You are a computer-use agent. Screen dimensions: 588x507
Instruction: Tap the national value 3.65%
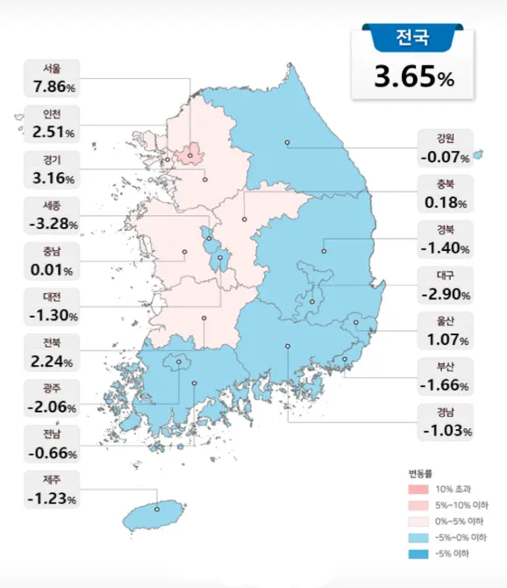[413, 77]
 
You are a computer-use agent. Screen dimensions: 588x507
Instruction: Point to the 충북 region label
[446, 184]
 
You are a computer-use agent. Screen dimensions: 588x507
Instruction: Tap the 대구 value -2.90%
[446, 294]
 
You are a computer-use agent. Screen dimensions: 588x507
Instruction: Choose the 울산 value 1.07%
[446, 340]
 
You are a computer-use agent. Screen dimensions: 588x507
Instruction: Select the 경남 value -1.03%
[446, 431]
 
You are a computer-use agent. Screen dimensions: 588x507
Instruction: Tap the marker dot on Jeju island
[157, 507]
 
